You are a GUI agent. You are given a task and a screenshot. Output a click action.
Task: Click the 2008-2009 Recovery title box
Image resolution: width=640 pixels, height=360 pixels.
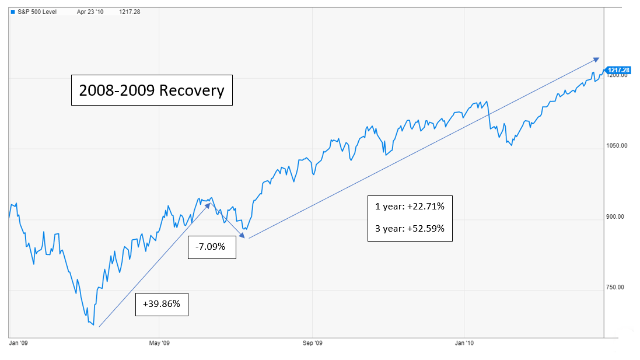152,90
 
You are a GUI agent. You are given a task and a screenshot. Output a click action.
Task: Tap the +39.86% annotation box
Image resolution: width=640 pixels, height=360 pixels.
162,304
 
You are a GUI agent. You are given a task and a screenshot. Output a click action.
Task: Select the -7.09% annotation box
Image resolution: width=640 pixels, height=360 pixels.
212,247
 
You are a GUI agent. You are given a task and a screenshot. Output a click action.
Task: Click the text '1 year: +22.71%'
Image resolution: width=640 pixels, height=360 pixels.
410,206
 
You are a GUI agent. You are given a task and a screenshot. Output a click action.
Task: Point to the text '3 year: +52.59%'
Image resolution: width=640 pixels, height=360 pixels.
410,229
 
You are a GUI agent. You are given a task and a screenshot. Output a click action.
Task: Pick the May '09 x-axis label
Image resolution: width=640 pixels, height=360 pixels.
159,343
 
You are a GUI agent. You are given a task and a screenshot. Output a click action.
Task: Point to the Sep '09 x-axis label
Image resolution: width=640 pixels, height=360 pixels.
313,343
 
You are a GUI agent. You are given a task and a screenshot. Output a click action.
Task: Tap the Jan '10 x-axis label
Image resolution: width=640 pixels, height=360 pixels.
464,343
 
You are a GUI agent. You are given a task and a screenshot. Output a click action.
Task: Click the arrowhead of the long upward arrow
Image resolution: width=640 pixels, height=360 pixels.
597,58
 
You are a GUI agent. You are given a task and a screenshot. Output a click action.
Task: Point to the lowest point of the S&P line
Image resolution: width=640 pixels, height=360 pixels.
93,324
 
